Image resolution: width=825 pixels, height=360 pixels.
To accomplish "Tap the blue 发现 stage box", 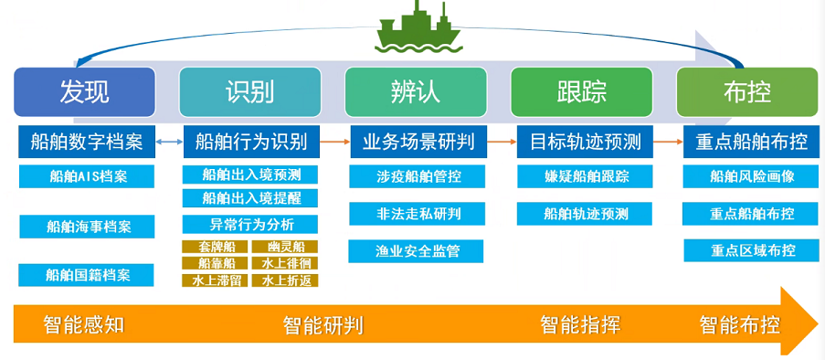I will [85, 91].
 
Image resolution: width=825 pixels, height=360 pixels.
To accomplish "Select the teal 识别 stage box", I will [249, 91].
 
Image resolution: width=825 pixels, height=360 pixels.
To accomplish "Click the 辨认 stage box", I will [415, 91].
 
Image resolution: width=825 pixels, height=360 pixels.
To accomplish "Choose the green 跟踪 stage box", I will [581, 91].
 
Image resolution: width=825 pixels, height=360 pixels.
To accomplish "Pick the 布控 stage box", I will [746, 91].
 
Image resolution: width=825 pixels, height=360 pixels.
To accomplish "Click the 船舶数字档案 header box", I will [87, 142].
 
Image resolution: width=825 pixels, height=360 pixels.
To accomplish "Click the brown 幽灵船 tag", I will [285, 247].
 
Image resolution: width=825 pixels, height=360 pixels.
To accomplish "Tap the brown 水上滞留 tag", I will [216, 281].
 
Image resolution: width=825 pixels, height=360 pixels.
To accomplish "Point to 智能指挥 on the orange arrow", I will [580, 324].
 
